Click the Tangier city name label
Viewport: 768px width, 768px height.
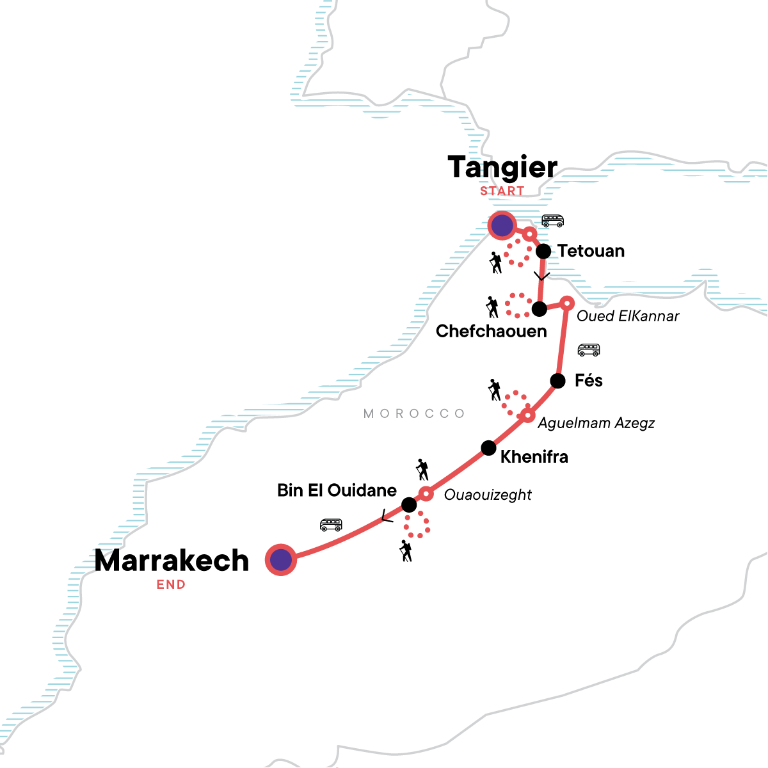[502, 168]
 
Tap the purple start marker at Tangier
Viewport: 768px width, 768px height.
[502, 225]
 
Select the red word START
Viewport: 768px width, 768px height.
[502, 191]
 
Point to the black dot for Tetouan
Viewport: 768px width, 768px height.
[543, 251]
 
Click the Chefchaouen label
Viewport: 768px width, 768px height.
[491, 332]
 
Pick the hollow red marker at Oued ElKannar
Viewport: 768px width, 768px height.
[566, 303]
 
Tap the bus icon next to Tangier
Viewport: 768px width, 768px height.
[552, 221]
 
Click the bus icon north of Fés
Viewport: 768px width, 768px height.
[588, 350]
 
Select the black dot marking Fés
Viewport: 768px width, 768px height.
[557, 381]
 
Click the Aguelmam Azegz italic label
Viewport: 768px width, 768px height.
[596, 423]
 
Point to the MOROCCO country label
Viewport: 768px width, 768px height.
[414, 414]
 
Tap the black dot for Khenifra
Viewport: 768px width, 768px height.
[488, 447]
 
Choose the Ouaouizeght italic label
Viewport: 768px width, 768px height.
[488, 495]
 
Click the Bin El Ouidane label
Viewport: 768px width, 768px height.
[337, 491]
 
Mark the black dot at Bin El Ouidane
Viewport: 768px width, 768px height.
[409, 506]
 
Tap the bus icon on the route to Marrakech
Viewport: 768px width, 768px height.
[331, 525]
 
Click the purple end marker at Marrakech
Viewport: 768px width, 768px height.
[280, 560]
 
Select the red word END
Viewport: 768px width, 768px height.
[171, 584]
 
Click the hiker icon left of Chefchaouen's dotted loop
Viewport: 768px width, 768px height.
[492, 307]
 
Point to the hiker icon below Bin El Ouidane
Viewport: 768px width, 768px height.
[405, 551]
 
